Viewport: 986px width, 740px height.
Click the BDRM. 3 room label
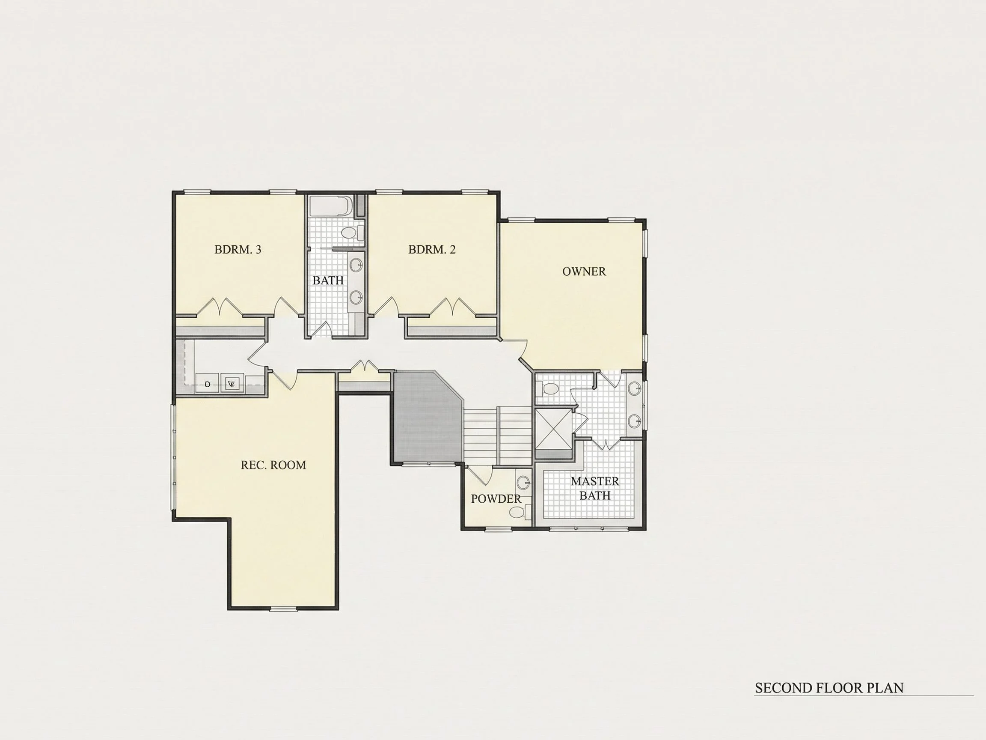coord(238,249)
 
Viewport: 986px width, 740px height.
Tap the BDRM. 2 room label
coord(432,249)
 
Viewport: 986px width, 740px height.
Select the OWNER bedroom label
coord(584,271)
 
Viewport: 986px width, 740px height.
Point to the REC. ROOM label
coord(273,465)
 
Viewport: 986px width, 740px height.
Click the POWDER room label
coord(496,498)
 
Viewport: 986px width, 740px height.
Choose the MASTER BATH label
coord(595,489)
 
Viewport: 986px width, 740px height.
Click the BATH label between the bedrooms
coord(328,280)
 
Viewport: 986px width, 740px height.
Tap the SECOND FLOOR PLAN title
coord(829,687)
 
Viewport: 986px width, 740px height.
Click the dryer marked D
coord(207,384)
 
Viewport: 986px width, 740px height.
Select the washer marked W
coord(232,384)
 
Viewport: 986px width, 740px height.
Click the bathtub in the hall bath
coord(331,206)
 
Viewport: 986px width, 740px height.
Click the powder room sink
coord(523,483)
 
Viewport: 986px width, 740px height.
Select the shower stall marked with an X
coord(553,429)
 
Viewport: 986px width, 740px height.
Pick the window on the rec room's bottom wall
coord(284,609)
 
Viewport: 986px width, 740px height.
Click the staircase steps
coord(498,436)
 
